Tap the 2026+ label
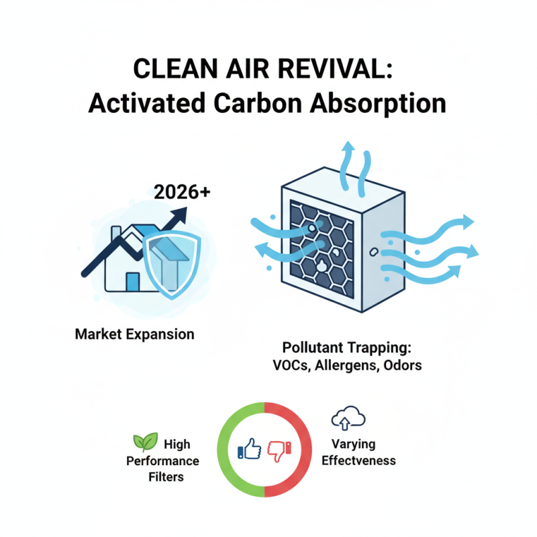click(x=182, y=191)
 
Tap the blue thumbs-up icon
click(x=250, y=449)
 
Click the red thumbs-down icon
click(x=279, y=450)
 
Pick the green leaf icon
click(x=146, y=442)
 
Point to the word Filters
click(x=165, y=477)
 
